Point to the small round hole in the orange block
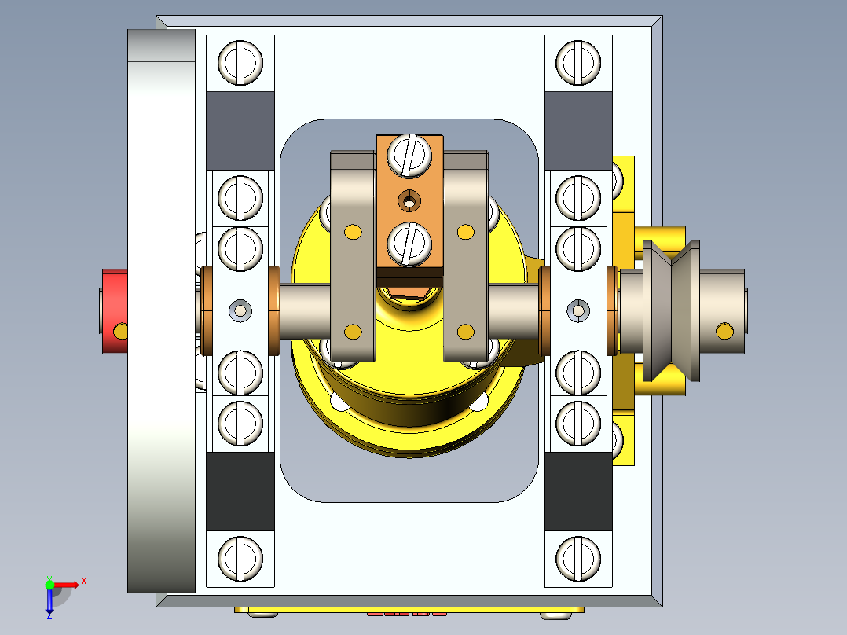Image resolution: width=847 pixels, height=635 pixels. coord(408,201)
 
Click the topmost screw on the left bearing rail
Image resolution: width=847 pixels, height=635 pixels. coord(240,61)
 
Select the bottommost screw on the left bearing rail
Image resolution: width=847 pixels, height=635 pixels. coord(240,558)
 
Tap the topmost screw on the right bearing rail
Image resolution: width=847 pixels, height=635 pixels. coord(577,61)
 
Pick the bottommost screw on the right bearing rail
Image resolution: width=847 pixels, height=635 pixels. coord(577,558)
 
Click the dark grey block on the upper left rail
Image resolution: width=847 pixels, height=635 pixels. coord(240,130)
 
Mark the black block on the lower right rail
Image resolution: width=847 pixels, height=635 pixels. coord(577,491)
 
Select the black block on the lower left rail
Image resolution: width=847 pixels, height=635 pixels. coord(240,491)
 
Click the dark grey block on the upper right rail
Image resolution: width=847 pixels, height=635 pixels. coord(577,130)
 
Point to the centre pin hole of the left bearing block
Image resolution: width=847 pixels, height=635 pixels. coord(240,311)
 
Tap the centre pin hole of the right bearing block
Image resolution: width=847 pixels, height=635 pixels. coord(578,311)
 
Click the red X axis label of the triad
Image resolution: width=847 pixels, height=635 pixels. coord(84,582)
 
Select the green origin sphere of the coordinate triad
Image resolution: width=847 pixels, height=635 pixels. coord(49,585)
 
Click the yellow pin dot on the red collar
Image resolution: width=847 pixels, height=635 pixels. coord(119,331)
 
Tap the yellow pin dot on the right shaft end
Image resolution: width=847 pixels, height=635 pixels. coord(723,331)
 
